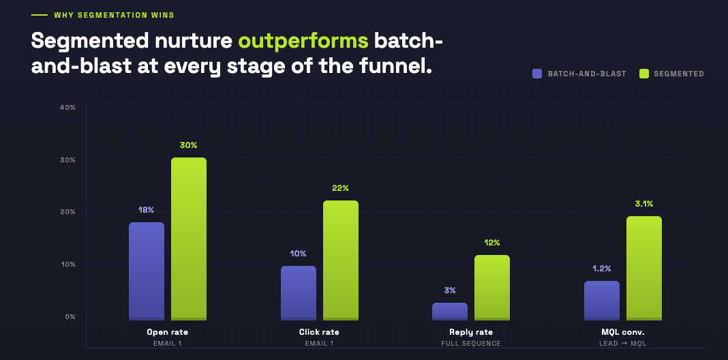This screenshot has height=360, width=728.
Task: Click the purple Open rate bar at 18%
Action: [x=147, y=271]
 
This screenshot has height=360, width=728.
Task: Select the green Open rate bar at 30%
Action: [x=189, y=239]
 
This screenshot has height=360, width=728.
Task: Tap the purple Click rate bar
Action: [x=299, y=292]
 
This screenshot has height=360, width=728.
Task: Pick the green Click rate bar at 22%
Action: [x=341, y=260]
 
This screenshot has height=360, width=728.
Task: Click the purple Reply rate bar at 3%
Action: [x=450, y=312]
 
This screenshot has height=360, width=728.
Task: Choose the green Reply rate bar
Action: [x=492, y=287]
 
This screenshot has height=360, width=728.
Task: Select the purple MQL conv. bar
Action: [x=602, y=300]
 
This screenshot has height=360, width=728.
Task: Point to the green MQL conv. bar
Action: [x=644, y=268]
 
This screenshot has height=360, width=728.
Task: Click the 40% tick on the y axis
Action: [x=67, y=107]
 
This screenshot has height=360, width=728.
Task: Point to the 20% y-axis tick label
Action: [x=67, y=212]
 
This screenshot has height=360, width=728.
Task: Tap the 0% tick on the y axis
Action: [x=70, y=317]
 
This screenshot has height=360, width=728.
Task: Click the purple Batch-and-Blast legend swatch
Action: [x=537, y=74]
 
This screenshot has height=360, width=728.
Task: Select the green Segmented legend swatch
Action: [x=643, y=74]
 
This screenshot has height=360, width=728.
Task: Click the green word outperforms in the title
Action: [x=303, y=41]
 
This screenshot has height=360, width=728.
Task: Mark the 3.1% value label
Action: [x=644, y=203]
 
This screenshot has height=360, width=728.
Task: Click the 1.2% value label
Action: [x=602, y=268]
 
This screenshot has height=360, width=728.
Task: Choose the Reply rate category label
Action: [x=471, y=332]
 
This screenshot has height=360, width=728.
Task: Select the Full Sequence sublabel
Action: [x=471, y=343]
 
